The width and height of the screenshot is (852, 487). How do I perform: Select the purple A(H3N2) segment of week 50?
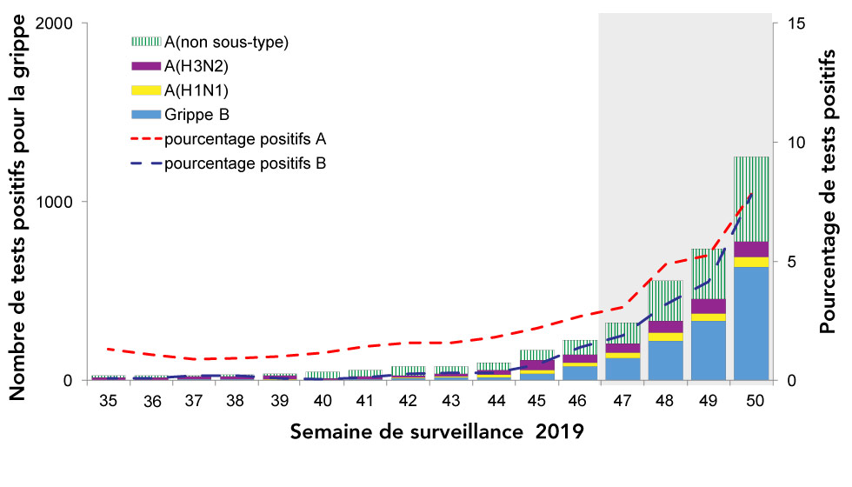(x=751, y=249)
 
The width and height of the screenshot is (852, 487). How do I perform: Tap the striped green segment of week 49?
(x=709, y=273)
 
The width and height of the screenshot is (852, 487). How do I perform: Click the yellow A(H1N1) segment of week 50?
(x=751, y=262)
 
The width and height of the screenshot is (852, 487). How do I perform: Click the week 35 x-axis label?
(x=109, y=401)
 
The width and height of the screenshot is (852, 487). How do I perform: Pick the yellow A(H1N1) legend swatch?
(x=145, y=90)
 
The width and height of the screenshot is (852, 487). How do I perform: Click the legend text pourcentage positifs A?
(x=244, y=138)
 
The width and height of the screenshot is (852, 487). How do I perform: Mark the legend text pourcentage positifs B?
(x=244, y=163)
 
